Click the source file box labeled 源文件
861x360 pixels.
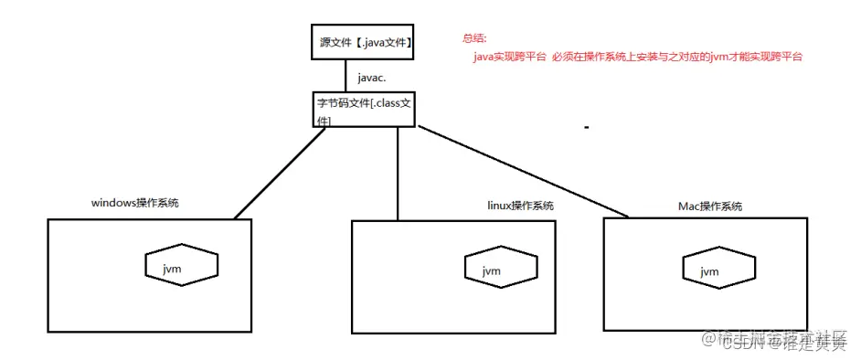click(361, 43)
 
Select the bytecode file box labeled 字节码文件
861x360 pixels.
click(362, 111)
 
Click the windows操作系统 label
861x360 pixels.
click(134, 202)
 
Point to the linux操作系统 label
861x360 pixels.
click(519, 206)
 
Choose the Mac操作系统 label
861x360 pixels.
click(710, 206)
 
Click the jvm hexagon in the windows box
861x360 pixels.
click(181, 266)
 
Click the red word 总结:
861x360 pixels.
click(475, 38)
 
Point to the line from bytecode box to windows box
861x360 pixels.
click(279, 174)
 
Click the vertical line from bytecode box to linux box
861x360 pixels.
click(399, 174)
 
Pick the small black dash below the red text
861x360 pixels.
click(586, 128)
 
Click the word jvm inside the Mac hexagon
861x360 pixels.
click(709, 271)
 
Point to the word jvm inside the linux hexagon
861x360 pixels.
click(492, 271)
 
